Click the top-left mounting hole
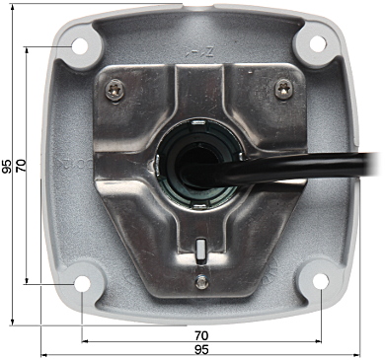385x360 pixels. [x=80, y=46]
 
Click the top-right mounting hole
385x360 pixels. [x=318, y=44]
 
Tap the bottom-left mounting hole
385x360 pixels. [x=82, y=283]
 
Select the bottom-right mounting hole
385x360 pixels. [x=321, y=281]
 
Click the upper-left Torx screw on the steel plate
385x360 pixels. [x=115, y=90]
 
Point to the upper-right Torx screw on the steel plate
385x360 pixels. [x=284, y=90]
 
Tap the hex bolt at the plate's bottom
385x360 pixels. [x=202, y=282]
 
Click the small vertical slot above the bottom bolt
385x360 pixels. [x=200, y=251]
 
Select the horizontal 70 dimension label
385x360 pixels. [x=201, y=335]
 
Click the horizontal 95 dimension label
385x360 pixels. [x=201, y=349]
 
